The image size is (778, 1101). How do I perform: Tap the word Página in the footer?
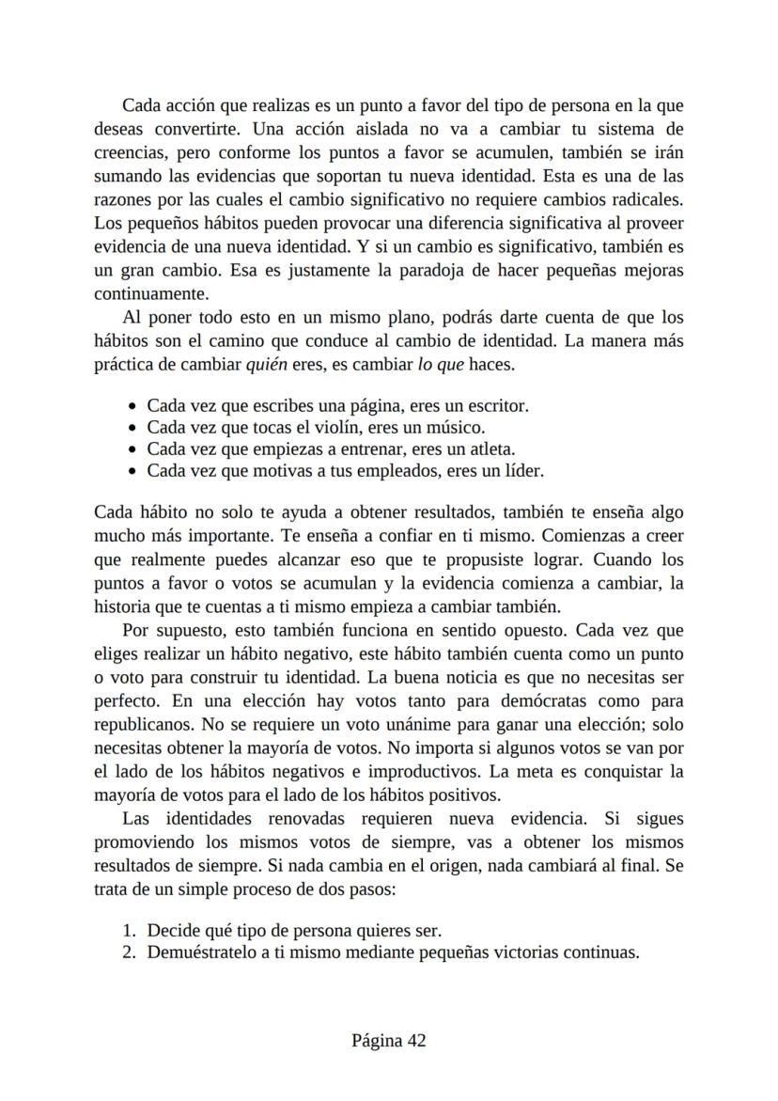point(376,1041)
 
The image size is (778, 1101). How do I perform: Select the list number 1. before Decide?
point(130,931)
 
